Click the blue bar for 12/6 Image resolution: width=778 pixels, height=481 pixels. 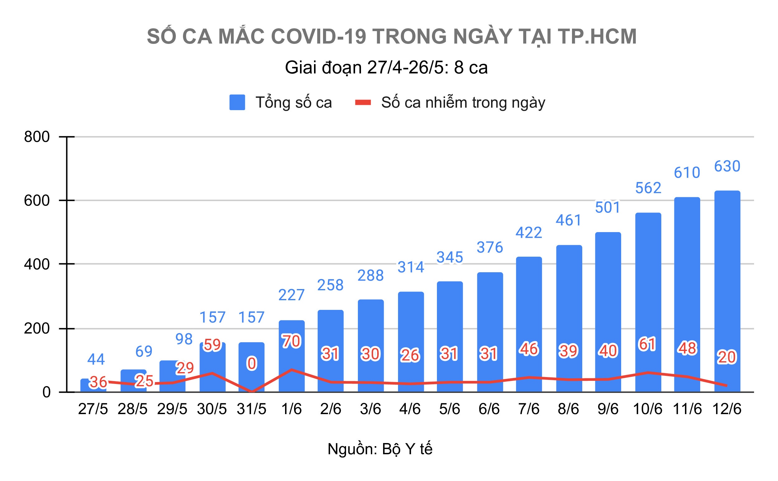tap(727, 286)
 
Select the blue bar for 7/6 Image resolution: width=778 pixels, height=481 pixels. tap(528, 318)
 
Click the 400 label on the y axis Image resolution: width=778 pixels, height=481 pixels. tap(37, 264)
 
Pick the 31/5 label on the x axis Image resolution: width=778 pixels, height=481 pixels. tap(251, 409)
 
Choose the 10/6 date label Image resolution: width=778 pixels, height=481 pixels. tap(647, 409)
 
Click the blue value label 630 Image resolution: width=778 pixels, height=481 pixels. tap(727, 166)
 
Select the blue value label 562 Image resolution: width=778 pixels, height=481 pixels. tap(648, 188)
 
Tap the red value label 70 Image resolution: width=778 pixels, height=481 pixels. tap(291, 341)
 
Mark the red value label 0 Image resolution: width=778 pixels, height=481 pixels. tap(252, 363)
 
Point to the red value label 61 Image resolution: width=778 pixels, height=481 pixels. tap(647, 344)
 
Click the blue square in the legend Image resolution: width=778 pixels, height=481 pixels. tap(237, 102)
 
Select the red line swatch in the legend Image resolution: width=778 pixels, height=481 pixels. tap(363, 102)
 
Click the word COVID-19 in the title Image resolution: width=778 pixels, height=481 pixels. tap(318, 36)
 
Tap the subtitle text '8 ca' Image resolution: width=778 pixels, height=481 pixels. tap(471, 68)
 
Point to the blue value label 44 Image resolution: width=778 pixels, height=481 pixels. tap(96, 359)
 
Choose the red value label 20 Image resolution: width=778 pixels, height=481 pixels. tap(727, 357)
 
